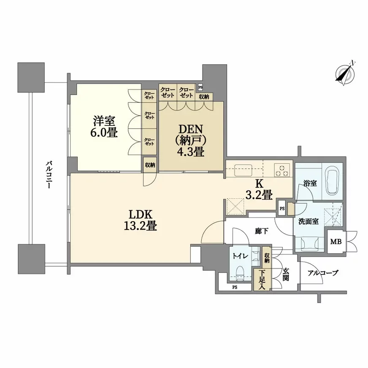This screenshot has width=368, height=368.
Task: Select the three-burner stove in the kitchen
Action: click(282, 170)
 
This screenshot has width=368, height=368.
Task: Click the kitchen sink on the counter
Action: click(243, 170)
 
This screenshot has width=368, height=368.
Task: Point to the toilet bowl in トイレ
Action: click(240, 273)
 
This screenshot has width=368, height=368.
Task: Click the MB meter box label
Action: click(336, 241)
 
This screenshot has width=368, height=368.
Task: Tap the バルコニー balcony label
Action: click(49, 175)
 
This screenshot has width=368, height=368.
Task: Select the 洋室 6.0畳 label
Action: click(104, 127)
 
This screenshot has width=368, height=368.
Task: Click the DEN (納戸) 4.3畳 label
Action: click(191, 141)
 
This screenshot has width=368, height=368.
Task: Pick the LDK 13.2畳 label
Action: click(141, 220)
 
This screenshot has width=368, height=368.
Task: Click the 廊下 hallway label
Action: click(262, 231)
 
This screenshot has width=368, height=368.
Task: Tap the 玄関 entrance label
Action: click(286, 274)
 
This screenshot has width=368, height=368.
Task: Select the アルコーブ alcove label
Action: click(323, 273)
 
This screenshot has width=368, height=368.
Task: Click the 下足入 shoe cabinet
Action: click(262, 280)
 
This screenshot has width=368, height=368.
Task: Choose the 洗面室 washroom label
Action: click(308, 221)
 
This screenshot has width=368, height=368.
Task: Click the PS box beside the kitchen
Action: click(282, 208)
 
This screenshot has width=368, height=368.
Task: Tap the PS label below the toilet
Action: click(235, 287)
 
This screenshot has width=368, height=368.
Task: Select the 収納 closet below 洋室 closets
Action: click(150, 165)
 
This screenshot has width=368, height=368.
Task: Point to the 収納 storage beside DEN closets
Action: click(204, 97)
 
